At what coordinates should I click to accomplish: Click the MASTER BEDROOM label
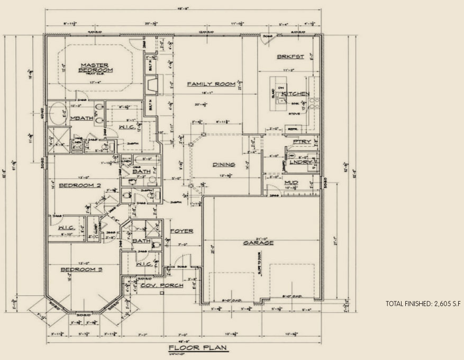pos(95,67)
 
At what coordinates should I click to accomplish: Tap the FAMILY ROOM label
pos(204,84)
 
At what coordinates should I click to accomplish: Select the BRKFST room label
pos(290,57)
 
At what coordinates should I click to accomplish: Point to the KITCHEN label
pos(296,94)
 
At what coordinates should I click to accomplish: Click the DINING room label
pos(224,164)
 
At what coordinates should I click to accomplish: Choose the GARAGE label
pos(258,242)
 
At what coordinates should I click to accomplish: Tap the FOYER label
pos(181,231)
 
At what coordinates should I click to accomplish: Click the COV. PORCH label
pos(162,285)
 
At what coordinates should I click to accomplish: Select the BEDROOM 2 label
pos(80,185)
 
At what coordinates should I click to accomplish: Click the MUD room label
pos(291,182)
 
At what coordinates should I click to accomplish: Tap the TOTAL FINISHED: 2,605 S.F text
pos(423,304)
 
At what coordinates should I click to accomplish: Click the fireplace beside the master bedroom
pos(152,84)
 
